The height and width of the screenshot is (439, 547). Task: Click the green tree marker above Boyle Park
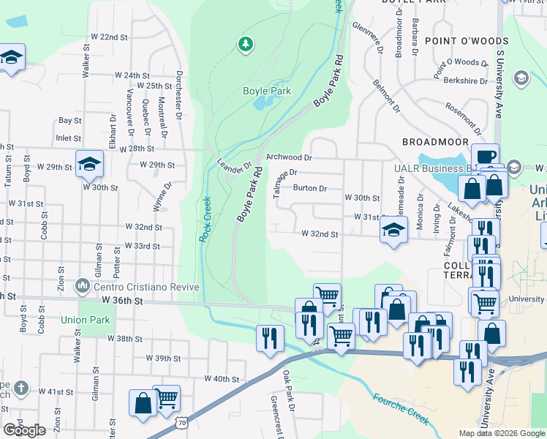point(246,45)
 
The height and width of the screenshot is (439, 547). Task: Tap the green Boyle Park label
point(267,91)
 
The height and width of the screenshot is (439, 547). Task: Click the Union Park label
point(86,320)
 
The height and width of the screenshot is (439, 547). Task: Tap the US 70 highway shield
point(181,422)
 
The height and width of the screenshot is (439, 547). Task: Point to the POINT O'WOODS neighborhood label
point(456,42)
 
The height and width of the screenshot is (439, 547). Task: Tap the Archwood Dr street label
point(289,157)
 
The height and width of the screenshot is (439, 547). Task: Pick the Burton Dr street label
point(309,188)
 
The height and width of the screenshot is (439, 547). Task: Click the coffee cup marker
point(485,157)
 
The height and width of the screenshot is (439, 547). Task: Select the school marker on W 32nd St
point(393,231)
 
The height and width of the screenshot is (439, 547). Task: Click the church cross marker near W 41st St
point(21,389)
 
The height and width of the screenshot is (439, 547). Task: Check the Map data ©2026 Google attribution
point(501,433)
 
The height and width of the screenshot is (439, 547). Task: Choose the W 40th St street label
point(222,379)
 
